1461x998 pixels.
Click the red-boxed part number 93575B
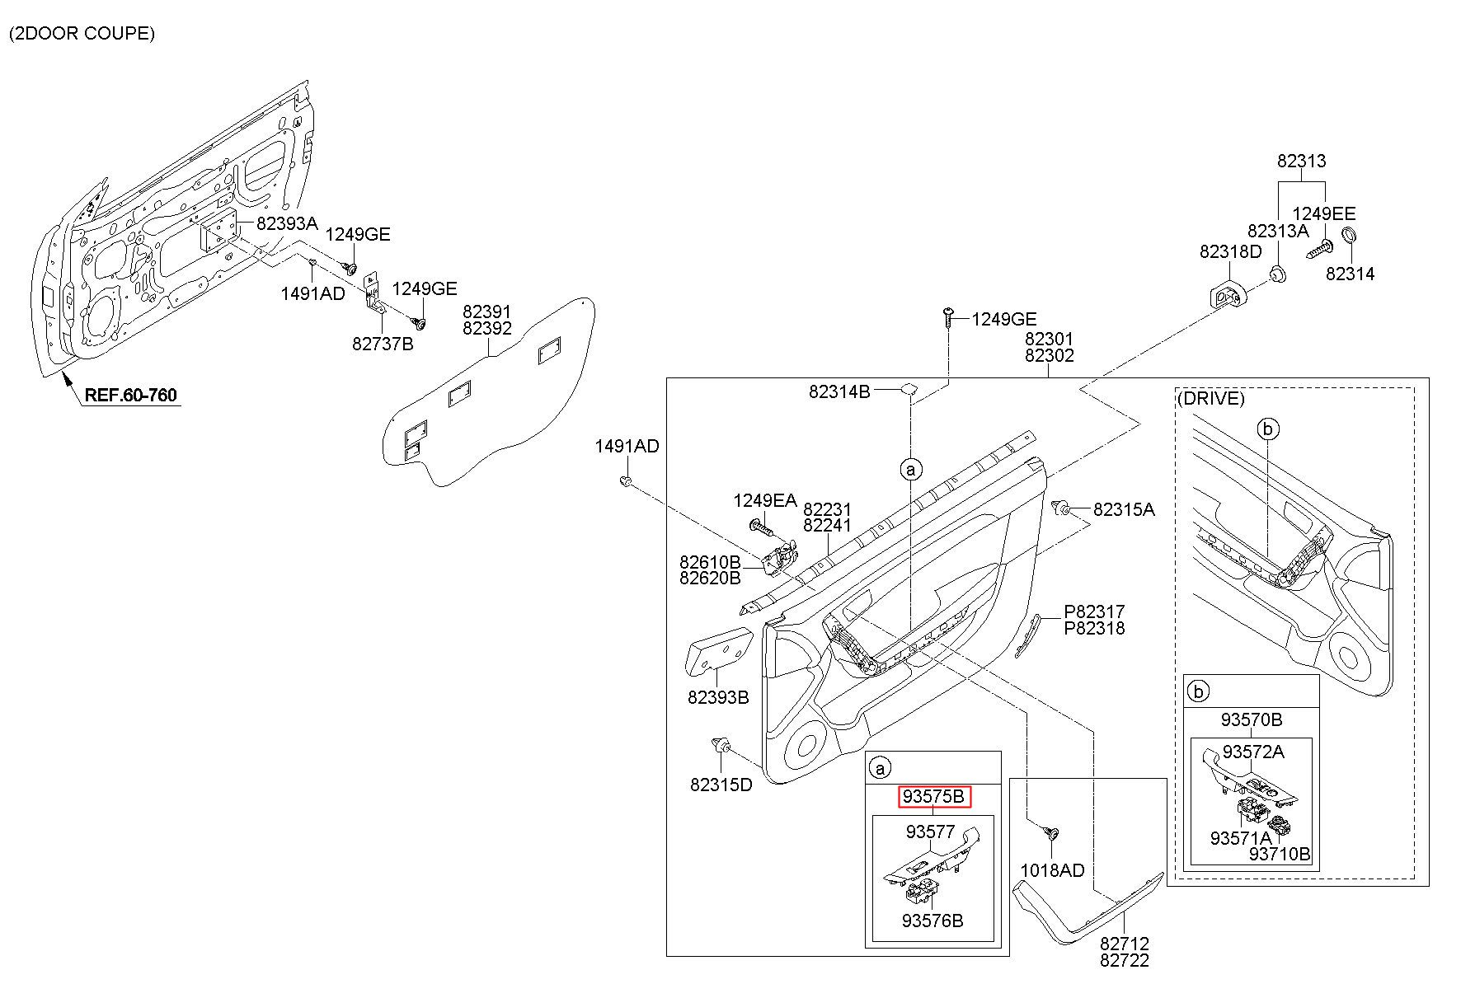[x=934, y=797]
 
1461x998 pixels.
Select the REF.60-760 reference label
[x=130, y=395]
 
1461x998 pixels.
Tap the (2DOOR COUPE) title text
[x=82, y=34]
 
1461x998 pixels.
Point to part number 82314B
[x=839, y=392]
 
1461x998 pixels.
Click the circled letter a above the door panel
[x=911, y=470]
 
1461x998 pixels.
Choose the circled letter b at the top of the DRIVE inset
[x=1269, y=429]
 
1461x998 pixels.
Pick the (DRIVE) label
[x=1210, y=399]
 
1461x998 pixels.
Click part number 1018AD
[x=1052, y=870]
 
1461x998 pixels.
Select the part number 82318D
[x=1230, y=252]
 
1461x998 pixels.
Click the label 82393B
[x=718, y=697]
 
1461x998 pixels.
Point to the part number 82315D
[x=721, y=785]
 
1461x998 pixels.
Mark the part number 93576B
[x=933, y=921]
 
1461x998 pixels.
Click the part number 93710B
[x=1280, y=854]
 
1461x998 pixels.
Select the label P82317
[x=1094, y=612]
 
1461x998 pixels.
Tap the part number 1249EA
[x=765, y=500]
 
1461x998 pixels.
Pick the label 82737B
[x=383, y=344]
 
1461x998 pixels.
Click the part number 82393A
[x=287, y=223]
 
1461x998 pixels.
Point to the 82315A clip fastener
[x=1062, y=508]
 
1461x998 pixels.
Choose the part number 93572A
[x=1253, y=752]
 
